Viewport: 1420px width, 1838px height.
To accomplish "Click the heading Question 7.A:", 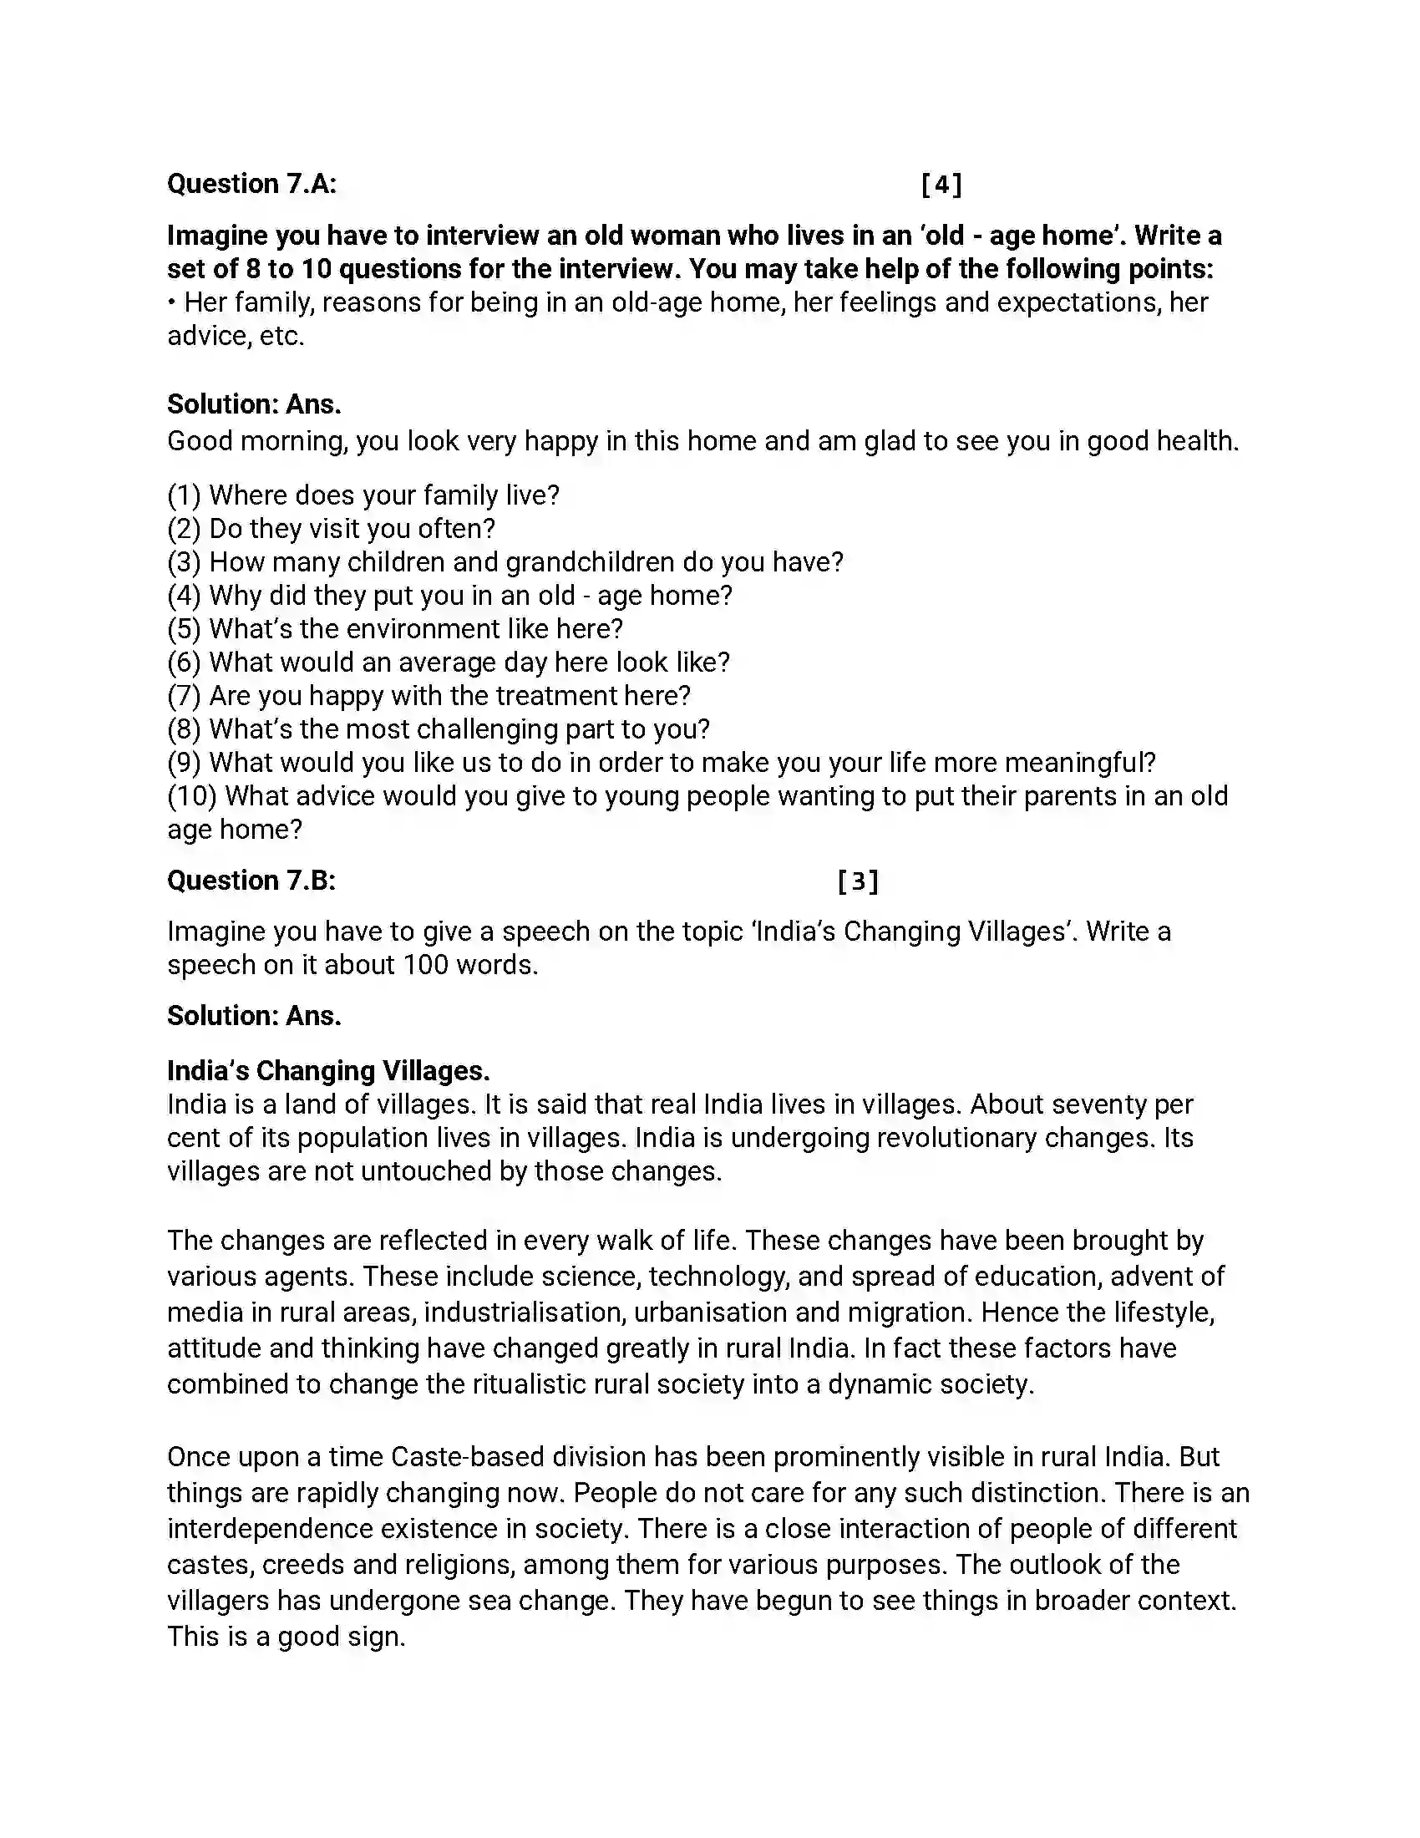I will tap(251, 184).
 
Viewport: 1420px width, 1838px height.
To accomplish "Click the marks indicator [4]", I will tap(941, 185).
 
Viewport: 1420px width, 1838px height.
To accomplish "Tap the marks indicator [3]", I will tap(858, 881).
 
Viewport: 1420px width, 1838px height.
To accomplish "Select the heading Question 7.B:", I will tap(251, 881).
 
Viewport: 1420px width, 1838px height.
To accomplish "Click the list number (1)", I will tap(184, 495).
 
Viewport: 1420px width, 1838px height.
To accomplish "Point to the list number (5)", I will tap(184, 629).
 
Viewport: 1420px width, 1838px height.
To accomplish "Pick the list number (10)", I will tap(192, 796).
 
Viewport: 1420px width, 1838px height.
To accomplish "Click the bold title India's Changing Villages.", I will tap(328, 1070).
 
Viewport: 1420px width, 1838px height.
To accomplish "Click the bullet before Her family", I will tap(171, 303).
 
